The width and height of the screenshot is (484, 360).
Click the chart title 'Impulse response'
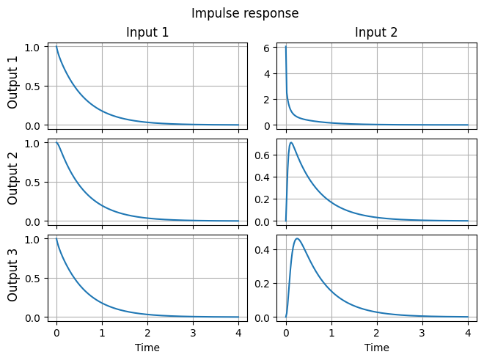245,13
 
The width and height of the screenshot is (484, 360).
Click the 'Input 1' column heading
147,32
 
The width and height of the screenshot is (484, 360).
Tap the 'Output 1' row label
13,87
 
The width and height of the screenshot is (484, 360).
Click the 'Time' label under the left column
147,348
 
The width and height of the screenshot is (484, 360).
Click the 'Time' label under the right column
376,348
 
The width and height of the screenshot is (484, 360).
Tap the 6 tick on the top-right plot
268,47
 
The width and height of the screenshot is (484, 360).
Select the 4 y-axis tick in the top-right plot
268,73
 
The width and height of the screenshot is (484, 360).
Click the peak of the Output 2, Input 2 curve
292,143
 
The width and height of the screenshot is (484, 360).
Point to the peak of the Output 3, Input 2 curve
297,238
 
